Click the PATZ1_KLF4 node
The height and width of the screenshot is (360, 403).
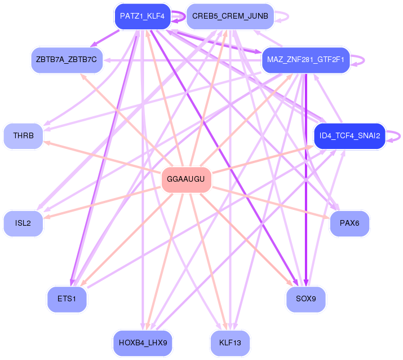pos(143,16)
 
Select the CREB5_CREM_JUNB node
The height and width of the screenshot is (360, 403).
pos(230,16)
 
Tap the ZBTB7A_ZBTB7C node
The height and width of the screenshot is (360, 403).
pos(67,60)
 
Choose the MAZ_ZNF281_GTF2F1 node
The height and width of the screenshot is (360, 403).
pos(305,60)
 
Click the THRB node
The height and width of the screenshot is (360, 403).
pos(23,136)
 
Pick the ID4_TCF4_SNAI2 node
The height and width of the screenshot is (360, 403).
pos(349,136)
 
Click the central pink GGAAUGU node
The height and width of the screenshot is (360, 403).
pos(186,179)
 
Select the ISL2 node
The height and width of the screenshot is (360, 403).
pos(23,223)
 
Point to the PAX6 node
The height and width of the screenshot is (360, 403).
pos(349,223)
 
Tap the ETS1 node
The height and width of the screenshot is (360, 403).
pos(67,299)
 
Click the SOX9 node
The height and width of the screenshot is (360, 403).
pos(305,299)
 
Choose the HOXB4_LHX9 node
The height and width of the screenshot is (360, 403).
pos(143,343)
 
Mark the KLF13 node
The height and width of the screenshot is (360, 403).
pos(230,343)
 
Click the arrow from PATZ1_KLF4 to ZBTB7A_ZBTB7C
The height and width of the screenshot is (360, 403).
pos(105,38)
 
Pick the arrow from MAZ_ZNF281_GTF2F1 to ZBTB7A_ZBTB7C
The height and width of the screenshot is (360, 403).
pos(182,60)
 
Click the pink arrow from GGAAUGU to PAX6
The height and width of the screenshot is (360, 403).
pos(271,203)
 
